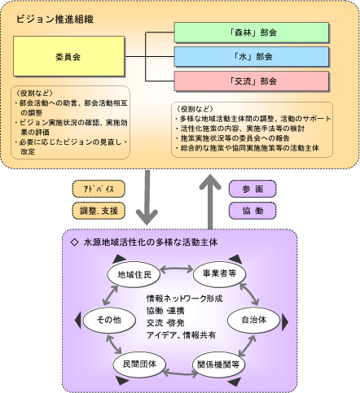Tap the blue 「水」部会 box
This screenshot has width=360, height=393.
[x=252, y=58]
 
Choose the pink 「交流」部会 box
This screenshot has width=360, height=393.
[x=252, y=81]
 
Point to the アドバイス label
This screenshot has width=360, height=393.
[x=98, y=189]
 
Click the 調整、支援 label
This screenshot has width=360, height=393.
[x=98, y=211]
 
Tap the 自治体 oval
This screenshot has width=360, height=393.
[x=253, y=321]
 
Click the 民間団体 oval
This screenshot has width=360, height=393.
[x=135, y=364]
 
